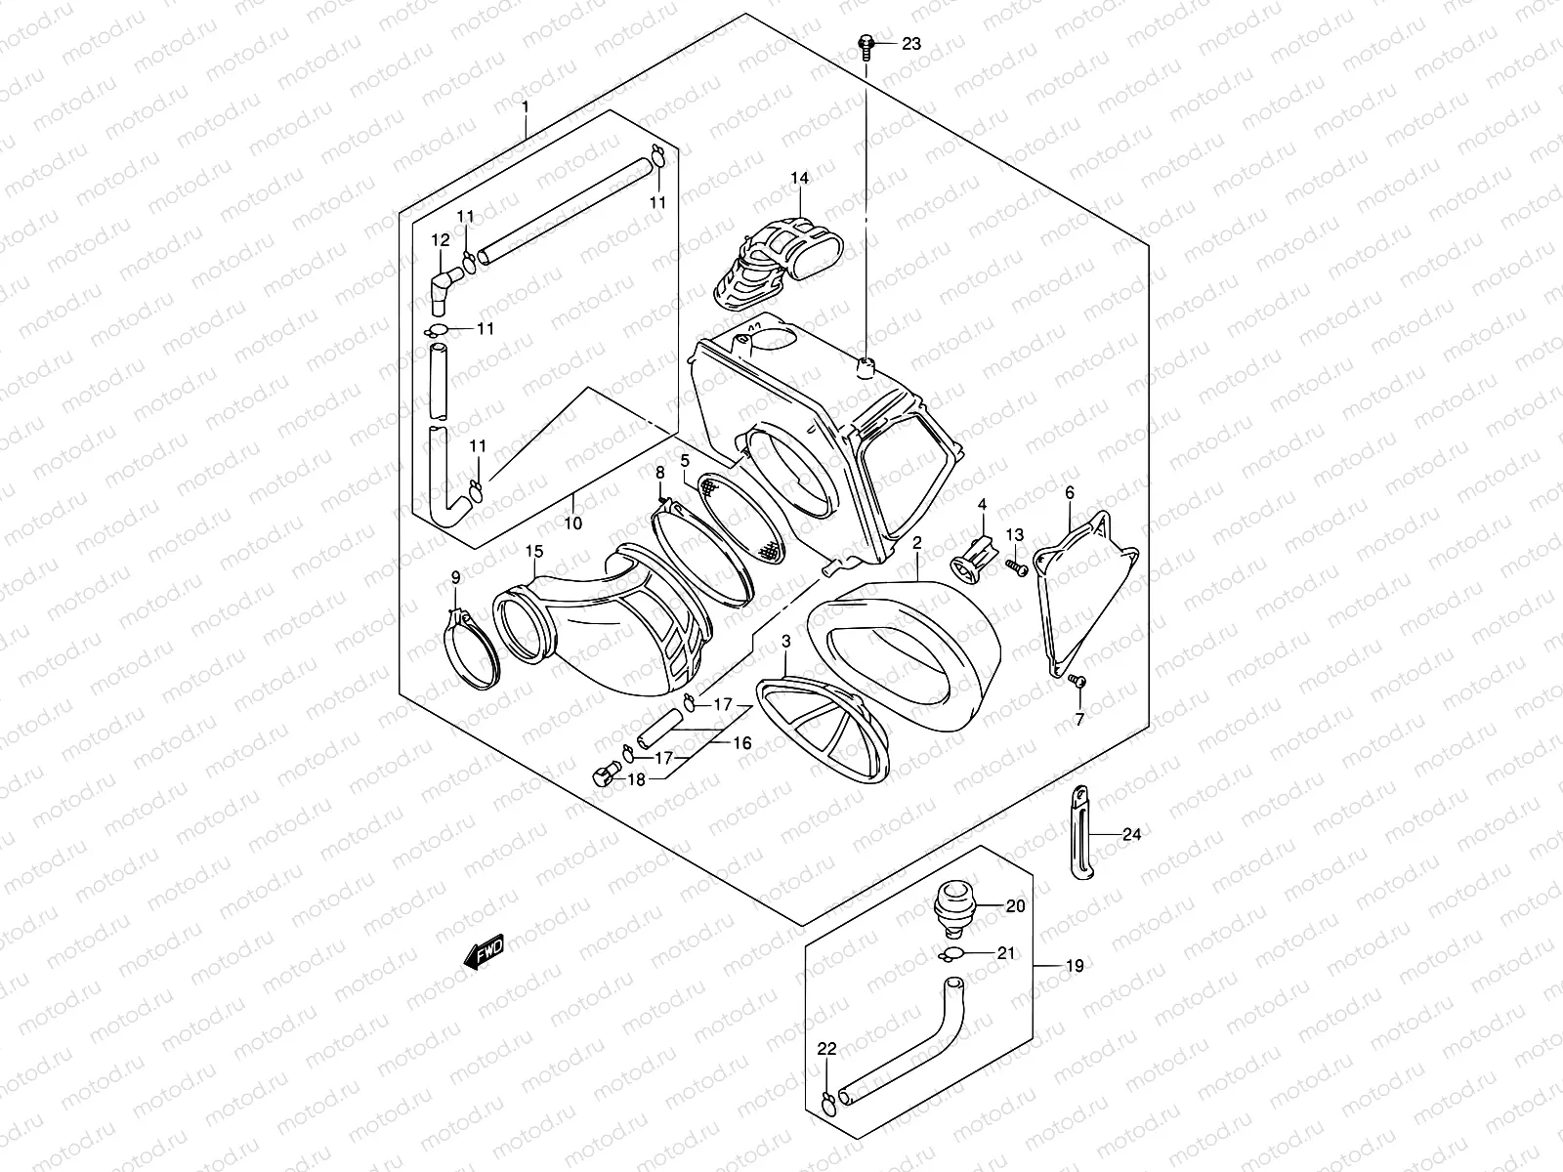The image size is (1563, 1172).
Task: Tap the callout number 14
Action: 800,178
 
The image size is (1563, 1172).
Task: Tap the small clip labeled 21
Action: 953,953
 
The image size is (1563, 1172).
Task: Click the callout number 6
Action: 1070,492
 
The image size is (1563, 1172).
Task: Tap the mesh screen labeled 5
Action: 744,513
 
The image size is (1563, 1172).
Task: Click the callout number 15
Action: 532,552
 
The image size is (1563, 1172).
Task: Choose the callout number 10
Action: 572,523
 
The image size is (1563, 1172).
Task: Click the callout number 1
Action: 525,105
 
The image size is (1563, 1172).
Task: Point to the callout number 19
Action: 1074,967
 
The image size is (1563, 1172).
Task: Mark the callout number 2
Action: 918,542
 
